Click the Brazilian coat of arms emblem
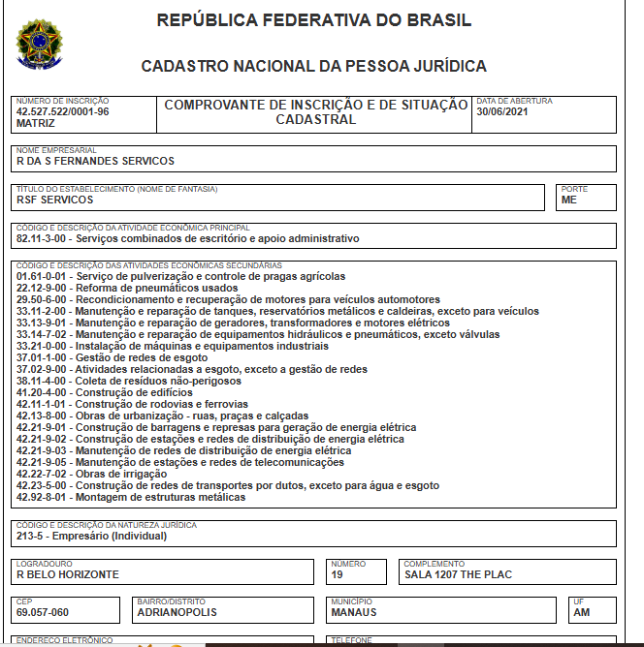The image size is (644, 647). point(37,45)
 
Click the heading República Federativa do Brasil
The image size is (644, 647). point(314,20)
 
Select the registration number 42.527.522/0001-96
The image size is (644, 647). point(62,111)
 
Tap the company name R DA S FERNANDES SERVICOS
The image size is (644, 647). point(95,161)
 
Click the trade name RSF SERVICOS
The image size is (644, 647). point(54,200)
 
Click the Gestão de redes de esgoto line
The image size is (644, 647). point(126,357)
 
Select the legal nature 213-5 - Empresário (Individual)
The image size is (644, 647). point(92,535)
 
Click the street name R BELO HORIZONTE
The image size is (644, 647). point(67,574)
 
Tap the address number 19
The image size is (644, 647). point(337,574)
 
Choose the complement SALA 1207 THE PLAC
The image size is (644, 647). point(458,574)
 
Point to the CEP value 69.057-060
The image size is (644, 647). point(42,612)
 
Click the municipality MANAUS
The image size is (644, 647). point(353,612)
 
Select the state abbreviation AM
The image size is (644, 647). point(582,612)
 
